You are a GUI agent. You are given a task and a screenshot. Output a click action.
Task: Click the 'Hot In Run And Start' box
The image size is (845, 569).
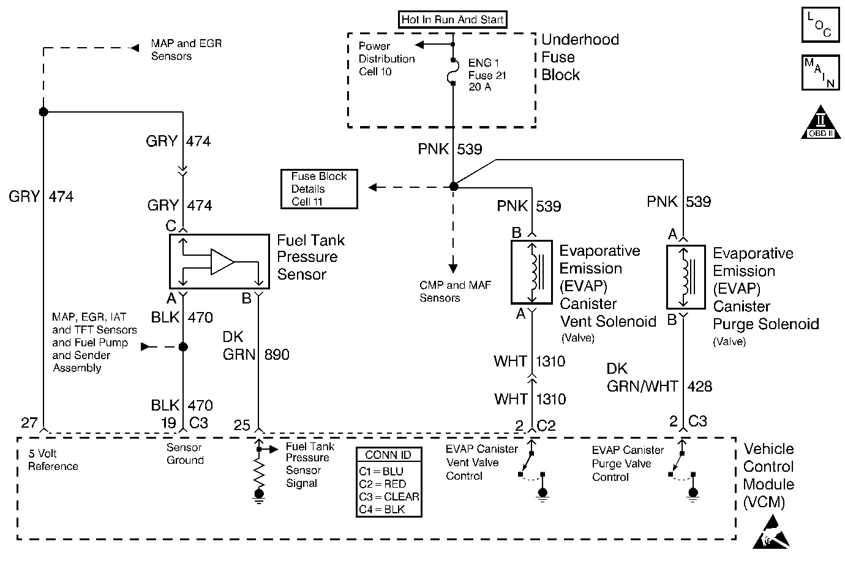(453, 20)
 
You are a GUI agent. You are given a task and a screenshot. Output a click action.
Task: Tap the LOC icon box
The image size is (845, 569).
(819, 26)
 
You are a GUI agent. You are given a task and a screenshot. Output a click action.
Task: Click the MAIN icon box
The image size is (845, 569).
(819, 73)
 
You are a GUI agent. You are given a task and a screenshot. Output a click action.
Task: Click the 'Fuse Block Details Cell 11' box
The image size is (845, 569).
(319, 188)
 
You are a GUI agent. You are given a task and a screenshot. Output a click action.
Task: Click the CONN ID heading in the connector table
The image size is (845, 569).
(389, 455)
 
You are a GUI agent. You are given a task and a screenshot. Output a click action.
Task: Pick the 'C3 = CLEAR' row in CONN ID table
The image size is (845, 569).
(389, 496)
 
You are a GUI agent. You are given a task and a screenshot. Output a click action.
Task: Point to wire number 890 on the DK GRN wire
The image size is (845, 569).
(277, 354)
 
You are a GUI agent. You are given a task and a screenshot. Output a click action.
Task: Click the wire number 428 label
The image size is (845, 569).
(699, 386)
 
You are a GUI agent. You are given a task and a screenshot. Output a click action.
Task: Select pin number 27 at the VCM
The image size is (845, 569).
(29, 423)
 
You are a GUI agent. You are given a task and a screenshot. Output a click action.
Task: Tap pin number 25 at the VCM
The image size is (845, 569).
(242, 425)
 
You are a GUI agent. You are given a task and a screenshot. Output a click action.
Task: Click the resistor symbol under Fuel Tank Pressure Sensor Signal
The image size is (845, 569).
(259, 470)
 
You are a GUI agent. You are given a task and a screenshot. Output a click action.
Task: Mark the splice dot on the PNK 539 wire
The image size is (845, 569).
(453, 187)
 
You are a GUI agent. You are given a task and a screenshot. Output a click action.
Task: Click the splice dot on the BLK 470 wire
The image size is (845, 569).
(182, 347)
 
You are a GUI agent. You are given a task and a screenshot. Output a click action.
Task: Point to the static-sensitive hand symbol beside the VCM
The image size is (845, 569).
(771, 532)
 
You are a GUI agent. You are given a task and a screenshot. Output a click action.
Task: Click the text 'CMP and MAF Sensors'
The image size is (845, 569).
(455, 291)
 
